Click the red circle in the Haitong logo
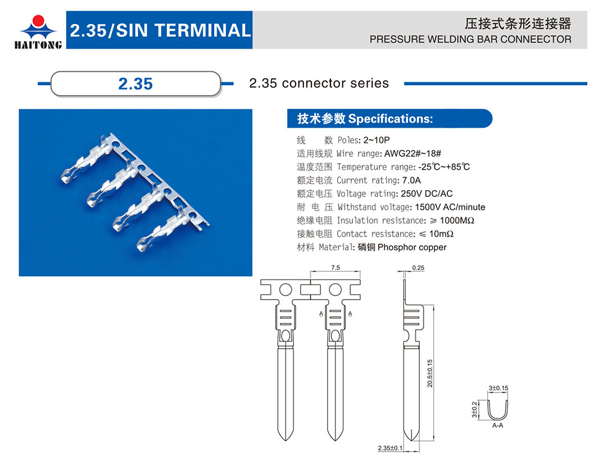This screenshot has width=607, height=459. (38, 21)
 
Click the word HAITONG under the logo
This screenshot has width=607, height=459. (38, 45)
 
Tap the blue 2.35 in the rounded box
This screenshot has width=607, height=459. (135, 84)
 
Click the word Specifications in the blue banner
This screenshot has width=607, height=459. (390, 119)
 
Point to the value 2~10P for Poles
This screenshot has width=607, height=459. (376, 140)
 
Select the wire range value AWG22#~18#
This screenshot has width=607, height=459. (413, 154)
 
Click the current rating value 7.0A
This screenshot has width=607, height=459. (411, 180)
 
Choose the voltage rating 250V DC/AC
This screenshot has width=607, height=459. (427, 193)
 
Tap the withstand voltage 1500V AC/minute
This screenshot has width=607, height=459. (450, 207)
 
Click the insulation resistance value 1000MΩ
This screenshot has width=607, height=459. (457, 220)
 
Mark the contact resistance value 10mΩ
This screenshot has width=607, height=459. (441, 234)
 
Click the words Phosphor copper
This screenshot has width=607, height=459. (412, 247)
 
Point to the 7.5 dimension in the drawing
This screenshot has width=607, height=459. (335, 268)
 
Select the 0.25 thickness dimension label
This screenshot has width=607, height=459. (418, 268)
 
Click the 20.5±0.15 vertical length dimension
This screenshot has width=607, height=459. (430, 373)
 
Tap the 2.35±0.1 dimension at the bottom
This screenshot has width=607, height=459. (390, 448)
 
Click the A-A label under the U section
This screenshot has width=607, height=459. (497, 425)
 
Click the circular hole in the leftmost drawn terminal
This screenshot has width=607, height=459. (286, 290)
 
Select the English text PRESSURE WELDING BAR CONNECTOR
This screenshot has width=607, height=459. (470, 39)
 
